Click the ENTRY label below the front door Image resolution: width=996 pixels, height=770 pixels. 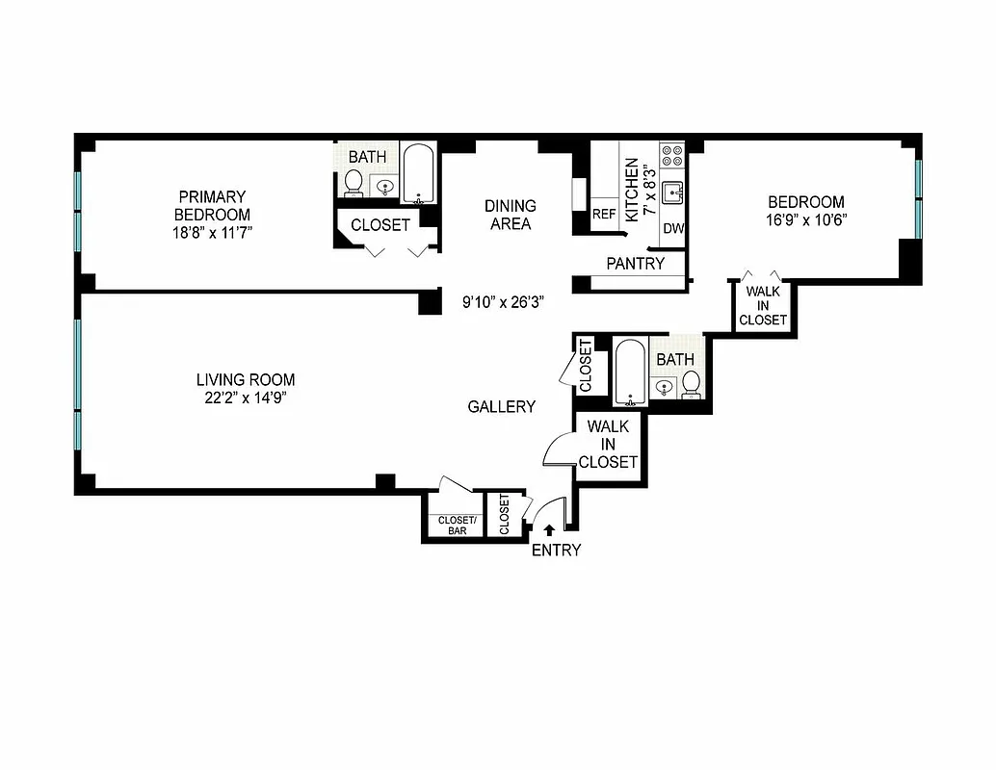click(x=556, y=551)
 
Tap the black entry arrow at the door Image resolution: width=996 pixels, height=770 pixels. click(x=549, y=528)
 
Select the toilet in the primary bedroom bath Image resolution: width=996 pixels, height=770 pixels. click(x=354, y=182)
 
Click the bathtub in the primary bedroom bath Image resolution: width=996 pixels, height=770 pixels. click(x=417, y=174)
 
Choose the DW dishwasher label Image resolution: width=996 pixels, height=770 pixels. click(x=673, y=229)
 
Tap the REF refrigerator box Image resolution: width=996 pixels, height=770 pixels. click(x=604, y=215)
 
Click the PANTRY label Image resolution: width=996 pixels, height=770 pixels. click(x=636, y=263)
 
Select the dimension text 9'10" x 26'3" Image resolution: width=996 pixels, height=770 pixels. click(x=504, y=301)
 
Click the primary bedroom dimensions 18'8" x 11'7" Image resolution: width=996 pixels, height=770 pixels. click(x=212, y=232)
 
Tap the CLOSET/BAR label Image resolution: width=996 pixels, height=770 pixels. click(x=457, y=525)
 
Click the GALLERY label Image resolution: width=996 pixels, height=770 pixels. click(x=501, y=407)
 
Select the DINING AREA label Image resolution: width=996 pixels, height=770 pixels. click(x=511, y=215)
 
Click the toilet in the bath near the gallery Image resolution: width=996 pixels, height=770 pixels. click(x=691, y=384)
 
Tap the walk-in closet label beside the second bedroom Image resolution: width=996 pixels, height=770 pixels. click(x=763, y=305)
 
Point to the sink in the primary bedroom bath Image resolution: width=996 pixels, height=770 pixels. click(x=386, y=187)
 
